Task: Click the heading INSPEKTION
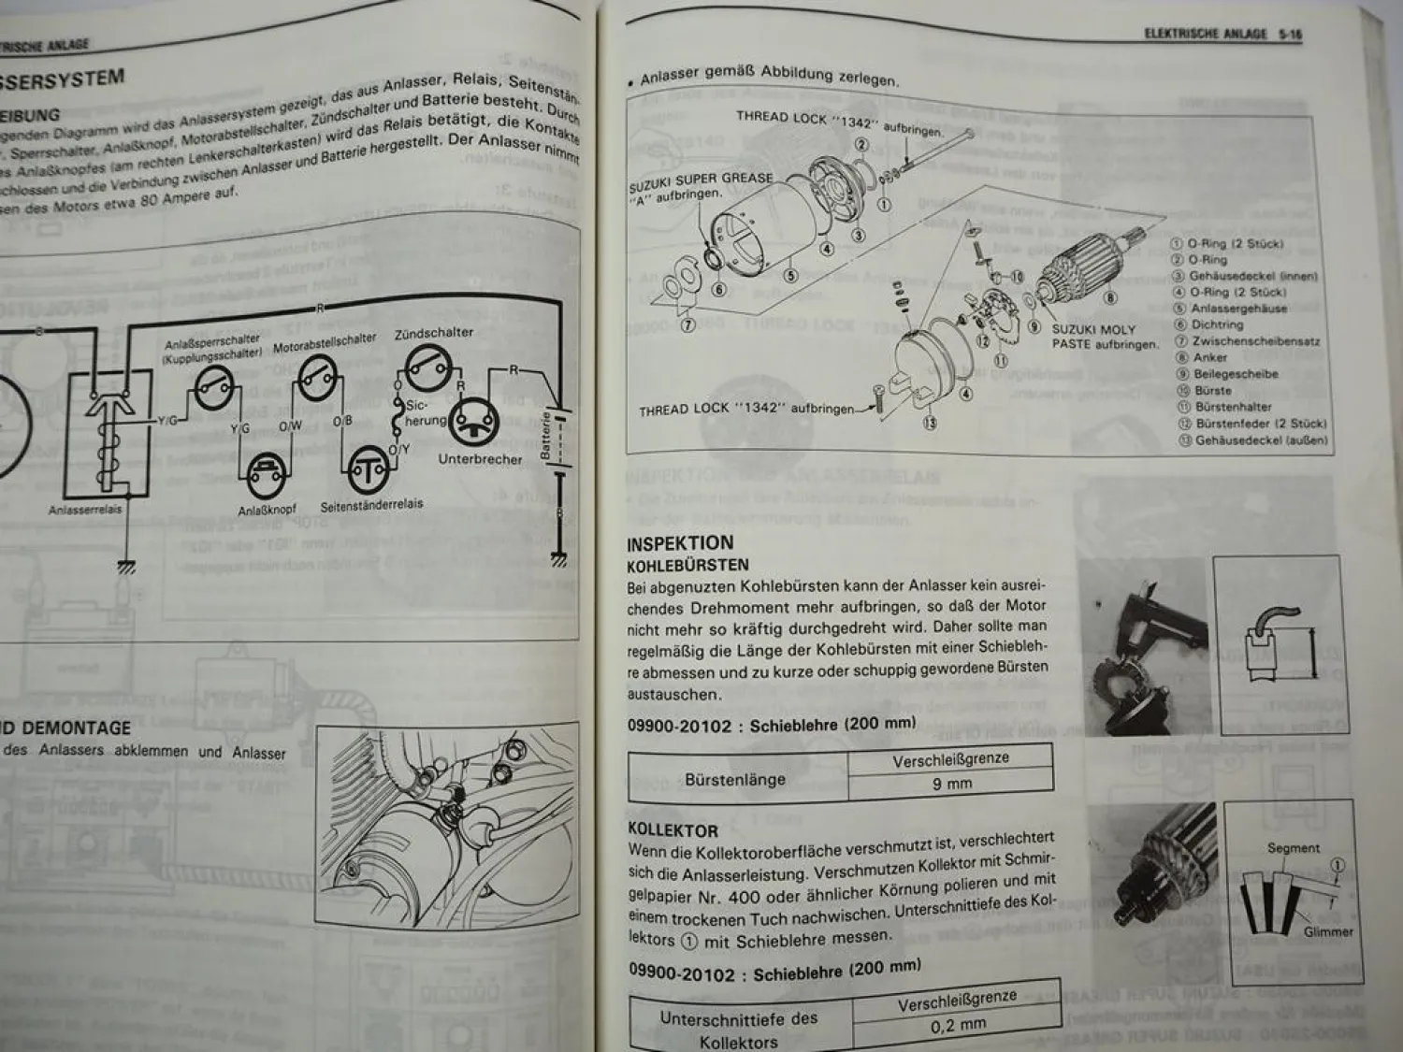tap(680, 543)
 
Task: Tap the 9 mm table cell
tap(951, 784)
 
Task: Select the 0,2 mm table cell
tap(958, 1025)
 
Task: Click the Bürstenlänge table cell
tap(735, 779)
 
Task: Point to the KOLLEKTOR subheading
tap(673, 829)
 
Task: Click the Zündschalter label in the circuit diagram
tap(434, 333)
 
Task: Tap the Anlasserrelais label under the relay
tap(85, 510)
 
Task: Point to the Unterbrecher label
tap(480, 459)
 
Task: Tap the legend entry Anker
tap(1209, 357)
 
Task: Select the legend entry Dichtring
tap(1217, 324)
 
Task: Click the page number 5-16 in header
tap(1290, 35)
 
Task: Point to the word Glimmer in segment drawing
tap(1328, 931)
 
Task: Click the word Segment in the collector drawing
tap(1294, 848)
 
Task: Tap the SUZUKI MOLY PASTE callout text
tap(1104, 337)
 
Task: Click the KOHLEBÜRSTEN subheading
tap(687, 565)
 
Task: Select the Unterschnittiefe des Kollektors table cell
tap(738, 1030)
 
